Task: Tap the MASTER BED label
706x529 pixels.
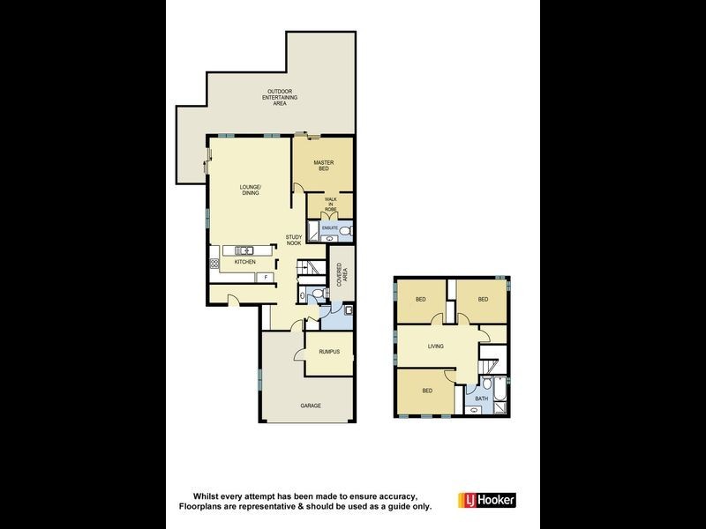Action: point(322,166)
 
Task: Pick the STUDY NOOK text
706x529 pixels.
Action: point(293,240)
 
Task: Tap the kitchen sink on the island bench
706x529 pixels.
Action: point(250,251)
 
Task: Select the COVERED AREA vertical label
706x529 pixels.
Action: point(340,277)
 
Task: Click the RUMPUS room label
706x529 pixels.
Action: point(330,352)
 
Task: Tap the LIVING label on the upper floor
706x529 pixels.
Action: point(435,346)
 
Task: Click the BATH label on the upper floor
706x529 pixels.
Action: point(482,398)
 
